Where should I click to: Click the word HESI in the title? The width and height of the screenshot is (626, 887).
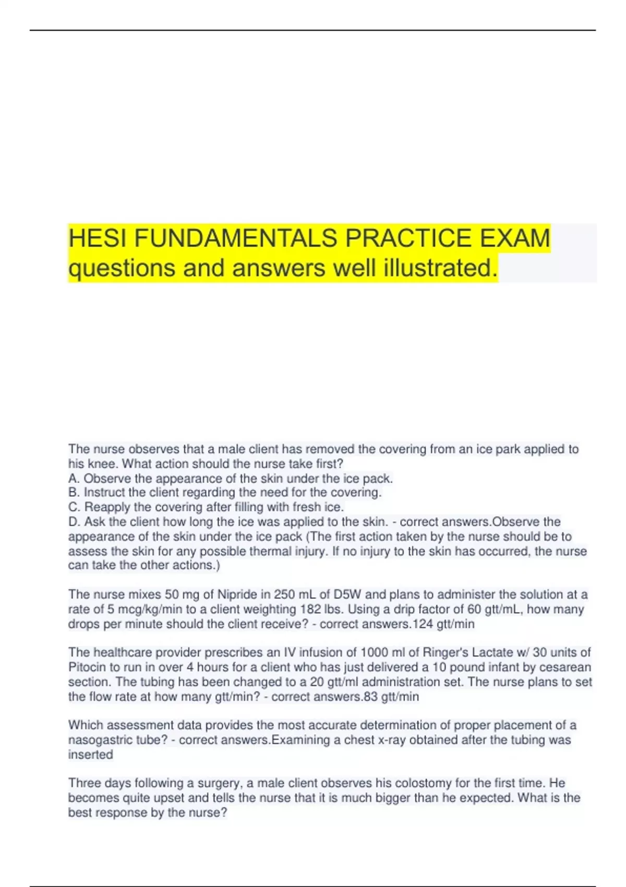tap(99, 238)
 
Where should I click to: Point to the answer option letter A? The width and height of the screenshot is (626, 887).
tap(73, 478)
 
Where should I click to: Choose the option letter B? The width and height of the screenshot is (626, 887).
tap(73, 493)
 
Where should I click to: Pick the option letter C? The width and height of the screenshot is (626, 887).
tap(73, 507)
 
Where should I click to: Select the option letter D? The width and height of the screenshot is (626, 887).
tap(73, 522)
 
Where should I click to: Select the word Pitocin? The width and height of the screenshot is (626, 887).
tap(86, 667)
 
